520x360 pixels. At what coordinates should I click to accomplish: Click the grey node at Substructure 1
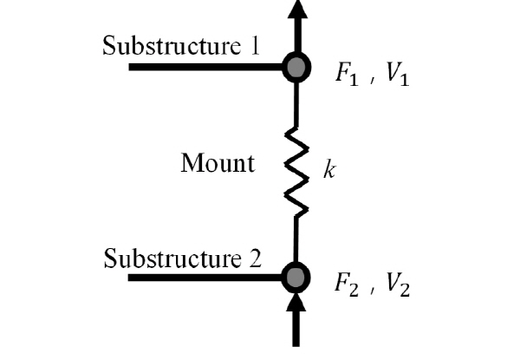tap(296, 68)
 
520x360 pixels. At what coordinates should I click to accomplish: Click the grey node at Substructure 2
tap(296, 278)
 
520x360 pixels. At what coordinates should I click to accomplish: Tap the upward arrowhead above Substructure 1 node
tap(297, 9)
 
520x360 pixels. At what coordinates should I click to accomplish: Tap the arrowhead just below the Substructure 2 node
tap(296, 301)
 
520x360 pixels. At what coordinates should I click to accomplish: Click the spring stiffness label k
tap(329, 169)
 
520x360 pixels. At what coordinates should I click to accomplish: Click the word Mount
tap(218, 162)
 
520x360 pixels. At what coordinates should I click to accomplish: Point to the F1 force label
tap(347, 74)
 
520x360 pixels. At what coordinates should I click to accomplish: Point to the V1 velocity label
tap(397, 74)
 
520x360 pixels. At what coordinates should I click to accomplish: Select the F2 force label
tap(347, 284)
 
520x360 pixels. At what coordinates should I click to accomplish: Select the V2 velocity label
tap(397, 284)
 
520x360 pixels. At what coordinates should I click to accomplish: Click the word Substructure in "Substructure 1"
tap(172, 45)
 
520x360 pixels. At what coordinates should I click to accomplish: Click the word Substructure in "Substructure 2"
tap(172, 259)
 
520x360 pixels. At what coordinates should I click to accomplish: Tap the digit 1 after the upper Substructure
tap(254, 45)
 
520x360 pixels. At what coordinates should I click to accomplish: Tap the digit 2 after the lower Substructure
tap(256, 259)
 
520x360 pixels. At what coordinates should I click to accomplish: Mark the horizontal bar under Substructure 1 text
tap(205, 67)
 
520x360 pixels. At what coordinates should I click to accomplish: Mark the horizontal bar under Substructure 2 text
tap(205, 278)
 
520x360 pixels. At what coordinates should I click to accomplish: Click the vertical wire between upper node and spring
tap(296, 105)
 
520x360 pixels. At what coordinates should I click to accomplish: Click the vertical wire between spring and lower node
tap(296, 239)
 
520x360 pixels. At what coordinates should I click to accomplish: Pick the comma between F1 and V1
tap(373, 80)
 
